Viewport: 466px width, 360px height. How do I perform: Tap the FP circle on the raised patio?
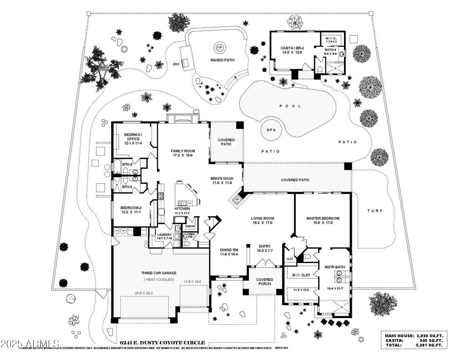219,47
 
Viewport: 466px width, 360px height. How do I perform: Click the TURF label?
375,211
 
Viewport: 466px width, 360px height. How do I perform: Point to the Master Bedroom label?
323,218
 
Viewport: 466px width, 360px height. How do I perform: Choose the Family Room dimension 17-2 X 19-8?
183,156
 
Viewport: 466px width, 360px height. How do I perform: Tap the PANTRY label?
190,226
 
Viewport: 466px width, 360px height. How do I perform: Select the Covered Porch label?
264,282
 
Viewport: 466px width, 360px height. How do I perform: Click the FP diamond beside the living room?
236,199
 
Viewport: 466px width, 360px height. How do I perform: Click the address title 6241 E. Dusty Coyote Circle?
162,343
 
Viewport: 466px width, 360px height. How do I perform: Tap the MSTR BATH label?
335,267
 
